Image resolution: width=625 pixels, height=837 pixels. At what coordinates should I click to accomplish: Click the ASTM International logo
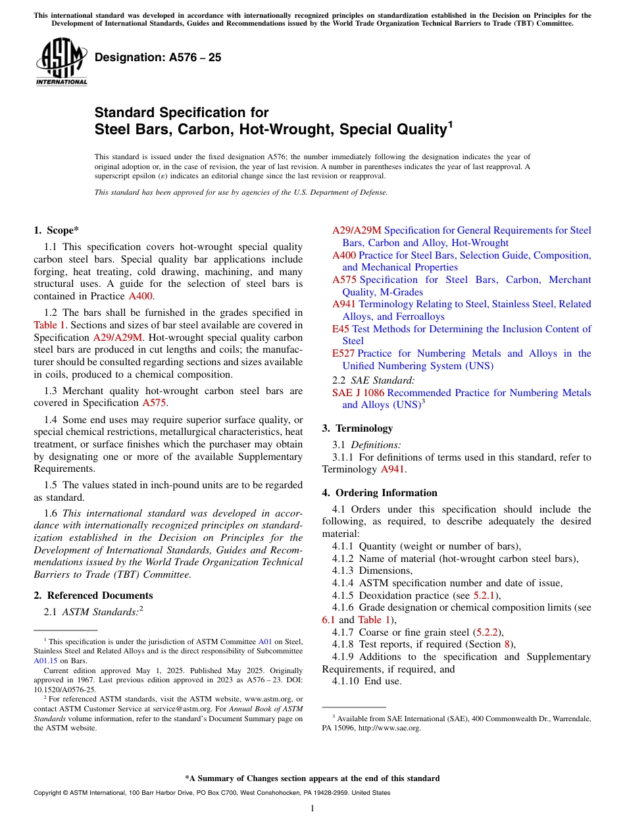[61, 62]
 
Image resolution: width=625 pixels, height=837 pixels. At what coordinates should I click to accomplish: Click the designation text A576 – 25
[158, 58]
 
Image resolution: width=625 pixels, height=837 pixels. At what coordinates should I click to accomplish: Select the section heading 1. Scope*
[56, 230]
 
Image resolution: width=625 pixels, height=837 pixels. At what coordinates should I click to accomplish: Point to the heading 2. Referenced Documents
[93, 596]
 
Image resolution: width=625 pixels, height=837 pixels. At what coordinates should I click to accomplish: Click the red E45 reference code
[340, 329]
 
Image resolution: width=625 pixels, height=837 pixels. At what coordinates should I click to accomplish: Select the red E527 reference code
[343, 353]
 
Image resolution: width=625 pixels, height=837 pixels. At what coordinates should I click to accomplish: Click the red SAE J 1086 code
[358, 393]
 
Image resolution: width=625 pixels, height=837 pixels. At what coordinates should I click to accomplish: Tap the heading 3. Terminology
[357, 428]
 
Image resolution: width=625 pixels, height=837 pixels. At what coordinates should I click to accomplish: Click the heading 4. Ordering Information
[380, 493]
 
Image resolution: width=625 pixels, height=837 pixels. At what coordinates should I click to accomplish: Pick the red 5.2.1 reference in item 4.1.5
[486, 596]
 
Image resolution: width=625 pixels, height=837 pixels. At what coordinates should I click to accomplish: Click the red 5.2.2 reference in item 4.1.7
[488, 632]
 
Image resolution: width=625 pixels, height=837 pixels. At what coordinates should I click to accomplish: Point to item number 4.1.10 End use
[346, 681]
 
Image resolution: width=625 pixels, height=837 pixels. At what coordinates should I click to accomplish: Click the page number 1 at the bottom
[312, 809]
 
